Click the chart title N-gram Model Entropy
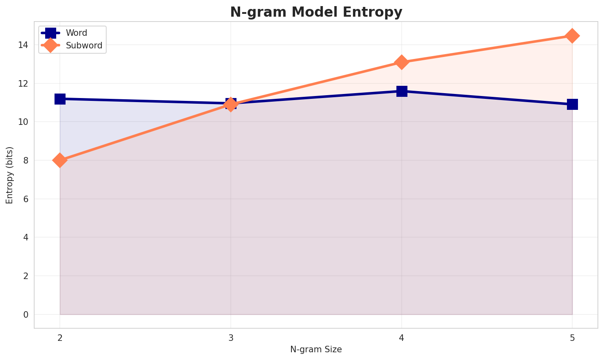click(316, 12)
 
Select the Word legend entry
click(77, 33)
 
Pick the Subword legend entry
click(84, 46)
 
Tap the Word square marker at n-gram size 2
click(60, 99)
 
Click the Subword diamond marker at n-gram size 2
click(60, 160)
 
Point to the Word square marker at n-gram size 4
click(402, 91)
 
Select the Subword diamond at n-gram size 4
click(402, 62)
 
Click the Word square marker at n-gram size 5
click(572, 105)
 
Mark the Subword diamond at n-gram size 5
click(572, 36)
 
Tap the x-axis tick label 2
click(60, 338)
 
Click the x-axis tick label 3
click(231, 338)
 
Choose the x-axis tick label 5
click(572, 338)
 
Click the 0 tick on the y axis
click(26, 314)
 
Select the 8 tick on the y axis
click(26, 160)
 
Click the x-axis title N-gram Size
click(316, 349)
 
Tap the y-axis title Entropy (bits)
click(9, 175)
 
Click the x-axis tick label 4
click(402, 338)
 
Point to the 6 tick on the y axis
click(26, 199)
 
